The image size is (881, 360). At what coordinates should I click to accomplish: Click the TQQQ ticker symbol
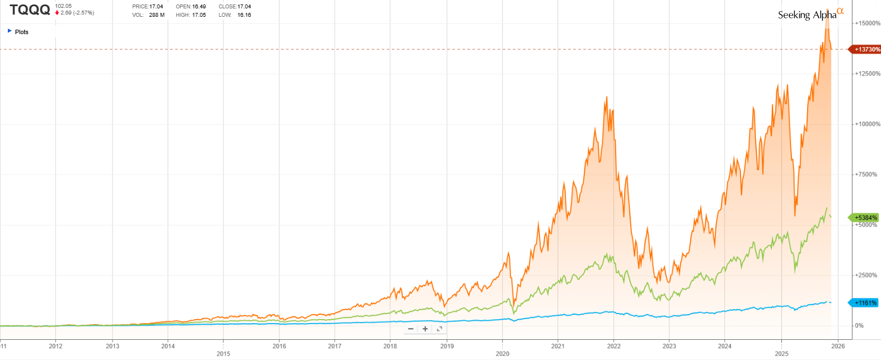click(x=30, y=10)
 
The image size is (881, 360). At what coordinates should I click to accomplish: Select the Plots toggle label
click(x=21, y=32)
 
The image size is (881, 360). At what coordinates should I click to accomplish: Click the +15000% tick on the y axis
click(x=867, y=24)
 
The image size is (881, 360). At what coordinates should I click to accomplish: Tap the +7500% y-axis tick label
click(x=865, y=175)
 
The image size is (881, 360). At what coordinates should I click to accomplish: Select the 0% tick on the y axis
click(x=859, y=326)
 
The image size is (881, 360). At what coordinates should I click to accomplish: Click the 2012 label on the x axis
click(x=55, y=346)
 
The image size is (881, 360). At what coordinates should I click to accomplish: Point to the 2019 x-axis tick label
click(x=447, y=346)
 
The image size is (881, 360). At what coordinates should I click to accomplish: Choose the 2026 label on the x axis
click(x=838, y=346)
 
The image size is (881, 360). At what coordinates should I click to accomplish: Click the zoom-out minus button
click(x=411, y=329)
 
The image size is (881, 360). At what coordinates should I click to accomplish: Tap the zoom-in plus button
click(x=425, y=329)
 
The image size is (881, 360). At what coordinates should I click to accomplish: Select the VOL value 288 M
click(x=157, y=15)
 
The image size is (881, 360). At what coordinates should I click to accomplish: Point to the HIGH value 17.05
click(x=199, y=15)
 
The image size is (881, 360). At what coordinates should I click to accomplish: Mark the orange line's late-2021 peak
click(x=606, y=97)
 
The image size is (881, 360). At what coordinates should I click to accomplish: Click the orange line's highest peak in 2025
click(x=827, y=25)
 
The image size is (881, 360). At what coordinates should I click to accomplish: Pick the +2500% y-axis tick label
click(x=865, y=275)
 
